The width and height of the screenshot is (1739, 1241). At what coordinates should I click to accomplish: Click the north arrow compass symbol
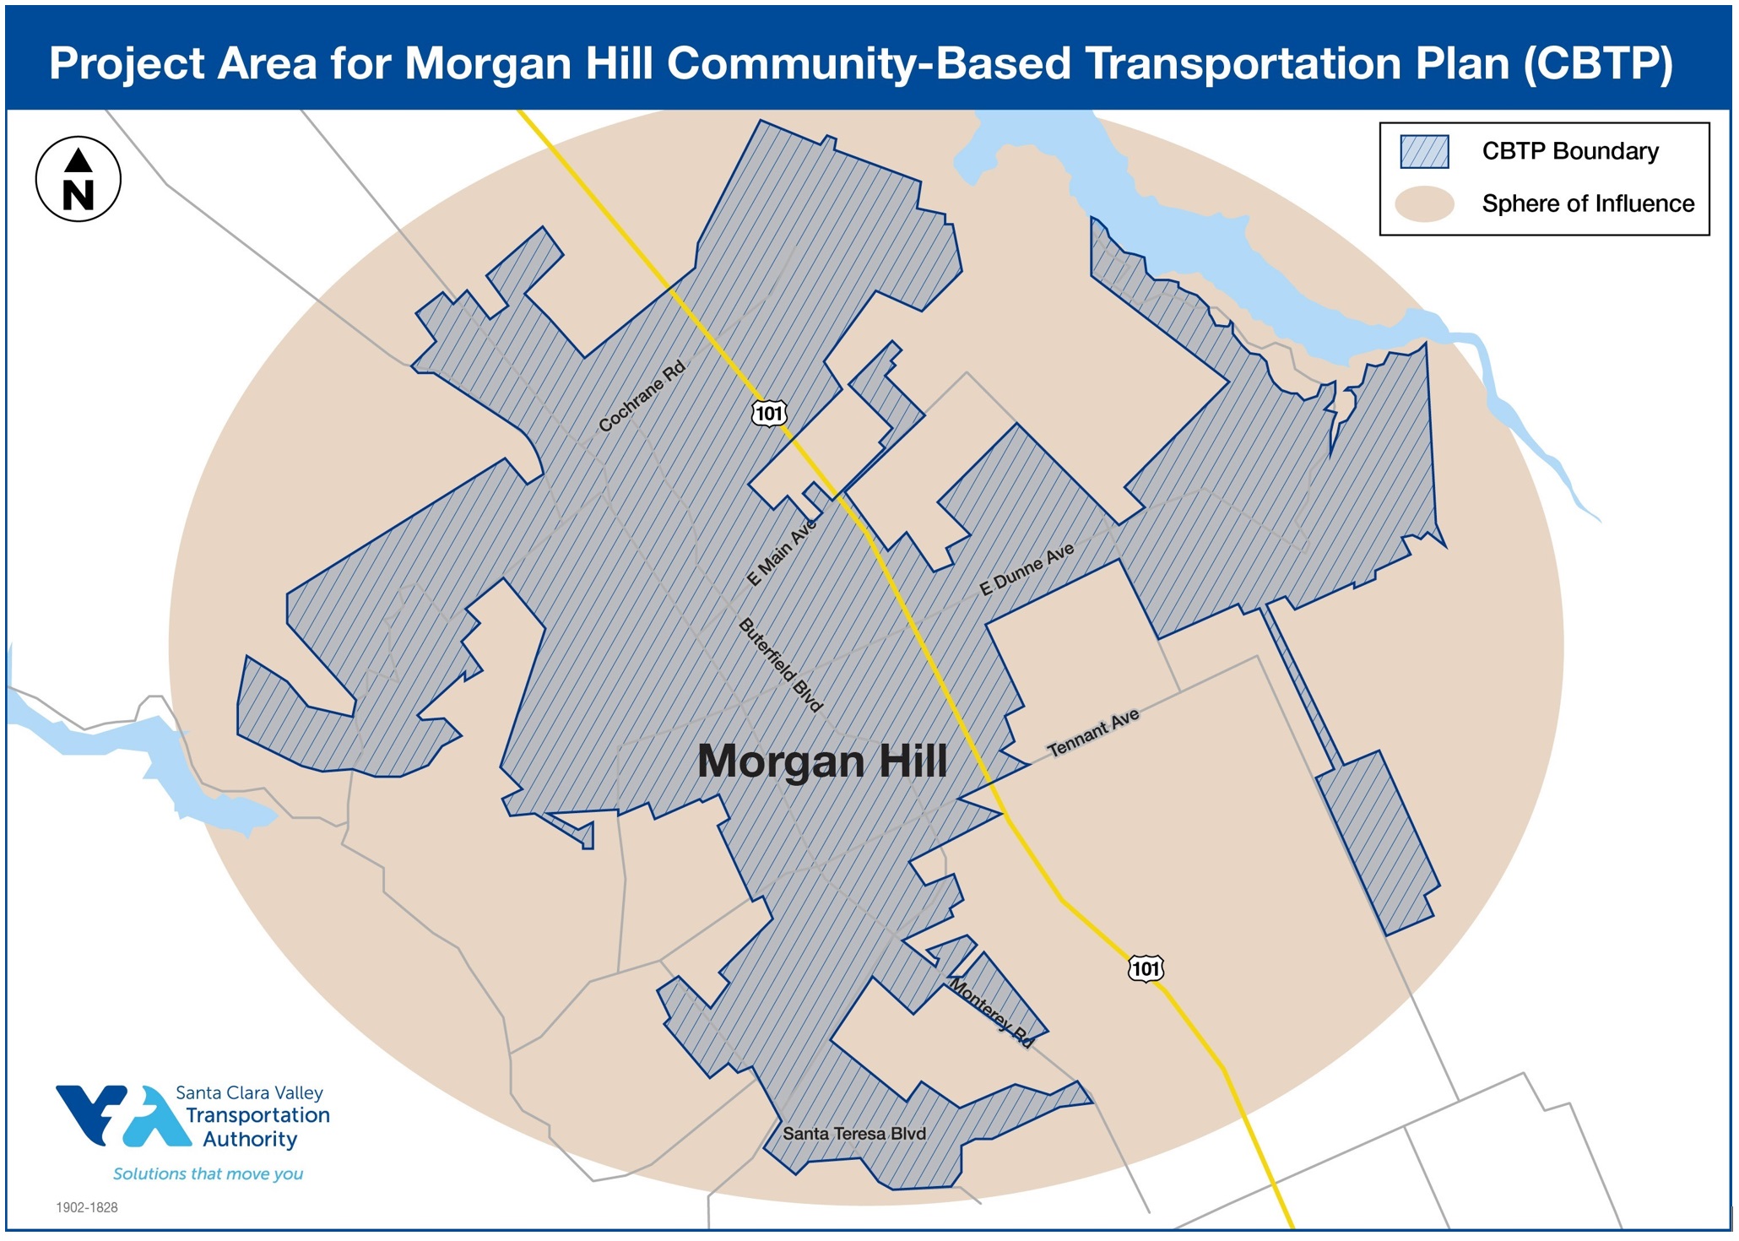pos(79,179)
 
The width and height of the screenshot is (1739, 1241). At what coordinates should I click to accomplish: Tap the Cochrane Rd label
pos(642,396)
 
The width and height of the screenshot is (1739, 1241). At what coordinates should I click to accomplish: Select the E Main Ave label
pos(782,552)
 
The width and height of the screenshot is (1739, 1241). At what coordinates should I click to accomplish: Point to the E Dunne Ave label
pos(1027,569)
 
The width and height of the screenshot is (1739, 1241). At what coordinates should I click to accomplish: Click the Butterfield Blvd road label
pos(780,665)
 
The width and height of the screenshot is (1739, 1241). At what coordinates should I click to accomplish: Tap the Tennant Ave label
pos(1093,732)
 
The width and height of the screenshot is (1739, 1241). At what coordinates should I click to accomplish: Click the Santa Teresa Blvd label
pos(854,1134)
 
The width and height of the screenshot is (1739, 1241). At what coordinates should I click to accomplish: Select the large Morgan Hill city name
pos(822,761)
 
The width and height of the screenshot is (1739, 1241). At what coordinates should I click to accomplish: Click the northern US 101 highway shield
pos(769,413)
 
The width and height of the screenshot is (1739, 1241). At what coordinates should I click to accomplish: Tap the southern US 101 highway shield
pos(1146,968)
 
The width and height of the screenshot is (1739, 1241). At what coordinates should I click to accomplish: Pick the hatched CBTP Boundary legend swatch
pos(1424,152)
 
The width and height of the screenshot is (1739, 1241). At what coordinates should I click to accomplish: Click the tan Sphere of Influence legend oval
pos(1424,204)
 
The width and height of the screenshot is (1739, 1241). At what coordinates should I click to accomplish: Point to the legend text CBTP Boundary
pos(1570,151)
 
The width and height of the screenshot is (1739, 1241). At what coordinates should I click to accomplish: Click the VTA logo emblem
pos(123,1115)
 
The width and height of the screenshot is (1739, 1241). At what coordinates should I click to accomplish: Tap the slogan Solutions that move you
pos(208,1173)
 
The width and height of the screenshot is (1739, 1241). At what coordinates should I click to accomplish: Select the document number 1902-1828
pos(87,1207)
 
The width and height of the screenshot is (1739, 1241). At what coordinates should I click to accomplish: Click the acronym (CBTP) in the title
pos(1598,63)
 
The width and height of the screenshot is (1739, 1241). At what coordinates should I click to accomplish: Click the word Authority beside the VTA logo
pos(250,1139)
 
